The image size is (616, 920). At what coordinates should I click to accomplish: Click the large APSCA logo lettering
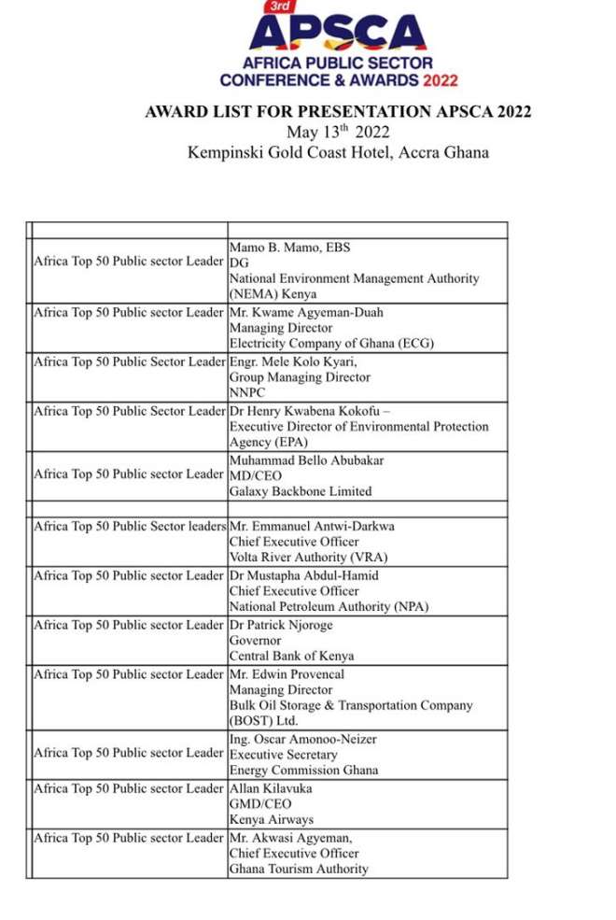click(x=339, y=34)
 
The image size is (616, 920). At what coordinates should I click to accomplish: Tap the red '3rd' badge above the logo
click(x=277, y=7)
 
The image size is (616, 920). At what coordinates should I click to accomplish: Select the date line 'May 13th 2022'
click(x=338, y=132)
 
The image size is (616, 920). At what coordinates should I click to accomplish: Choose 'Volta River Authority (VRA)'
click(x=308, y=558)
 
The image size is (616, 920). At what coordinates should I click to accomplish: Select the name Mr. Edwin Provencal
click(x=287, y=673)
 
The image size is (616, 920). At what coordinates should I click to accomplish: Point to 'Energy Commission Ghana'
click(x=303, y=771)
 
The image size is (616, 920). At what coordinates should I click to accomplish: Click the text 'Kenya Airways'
click(x=271, y=820)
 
